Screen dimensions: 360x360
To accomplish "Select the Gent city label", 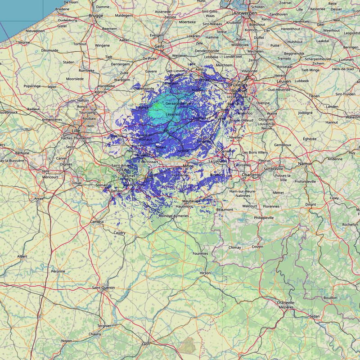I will click(x=159, y=46).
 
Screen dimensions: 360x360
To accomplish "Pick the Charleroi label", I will click(x=250, y=175).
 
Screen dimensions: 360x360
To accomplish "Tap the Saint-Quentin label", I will click(x=103, y=288).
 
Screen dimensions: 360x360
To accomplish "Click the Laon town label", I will click(x=146, y=344).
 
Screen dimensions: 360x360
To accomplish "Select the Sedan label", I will click(x=315, y=316).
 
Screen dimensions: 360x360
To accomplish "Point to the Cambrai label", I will click(x=97, y=222).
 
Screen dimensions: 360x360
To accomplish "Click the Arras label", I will click(x=39, y=198).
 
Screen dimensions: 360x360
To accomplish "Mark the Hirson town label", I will click(x=205, y=273).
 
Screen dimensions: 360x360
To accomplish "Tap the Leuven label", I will click(x=283, y=81).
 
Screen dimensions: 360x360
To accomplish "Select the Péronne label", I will click(x=58, y=271).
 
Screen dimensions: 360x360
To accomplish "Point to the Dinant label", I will click(x=311, y=204).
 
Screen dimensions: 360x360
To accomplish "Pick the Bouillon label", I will click(x=330, y=297).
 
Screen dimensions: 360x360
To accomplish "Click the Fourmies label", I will click(x=200, y=253).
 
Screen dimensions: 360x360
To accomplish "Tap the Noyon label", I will click(x=67, y=341).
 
